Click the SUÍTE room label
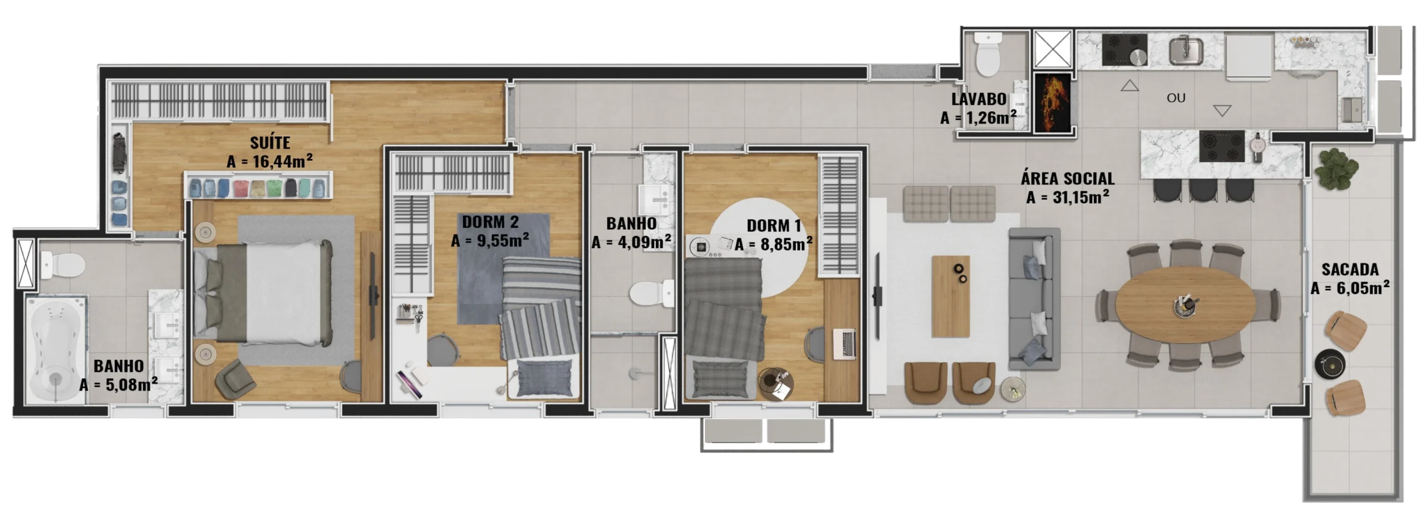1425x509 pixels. pyautogui.click(x=270, y=143)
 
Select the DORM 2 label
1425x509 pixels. pyautogui.click(x=490, y=222)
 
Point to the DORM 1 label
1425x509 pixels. pyautogui.click(x=774, y=226)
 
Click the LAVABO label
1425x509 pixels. pyautogui.click(x=979, y=100)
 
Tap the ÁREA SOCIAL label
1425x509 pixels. pyautogui.click(x=1068, y=179)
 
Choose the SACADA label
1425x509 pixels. pyautogui.click(x=1350, y=270)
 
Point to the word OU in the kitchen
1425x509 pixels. pyautogui.click(x=1176, y=98)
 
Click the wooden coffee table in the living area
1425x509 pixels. pyautogui.click(x=951, y=296)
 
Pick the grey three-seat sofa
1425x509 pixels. pyautogui.click(x=1034, y=299)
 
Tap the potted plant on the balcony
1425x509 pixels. pyautogui.click(x=1336, y=168)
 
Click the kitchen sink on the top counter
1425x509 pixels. pyautogui.click(x=1186, y=50)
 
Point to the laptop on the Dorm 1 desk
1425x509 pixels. pyautogui.click(x=844, y=344)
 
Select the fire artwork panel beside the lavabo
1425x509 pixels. pyautogui.click(x=1052, y=103)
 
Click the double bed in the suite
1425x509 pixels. pyautogui.click(x=263, y=291)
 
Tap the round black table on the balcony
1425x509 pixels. pyautogui.click(x=1330, y=364)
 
